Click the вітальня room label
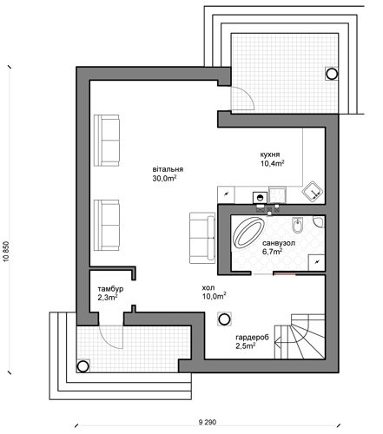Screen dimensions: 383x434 [x=168, y=169]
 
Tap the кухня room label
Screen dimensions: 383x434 [x=270, y=155]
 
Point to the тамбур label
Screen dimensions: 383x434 [x=110, y=289]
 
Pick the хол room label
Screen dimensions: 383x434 [x=208, y=287]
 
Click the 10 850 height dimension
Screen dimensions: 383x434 [x=7, y=252]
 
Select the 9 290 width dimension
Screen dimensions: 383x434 [x=208, y=422]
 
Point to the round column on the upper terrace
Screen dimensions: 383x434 [x=332, y=74]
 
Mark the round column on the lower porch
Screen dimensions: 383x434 [x=83, y=366]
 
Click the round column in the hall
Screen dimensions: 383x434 [x=224, y=319]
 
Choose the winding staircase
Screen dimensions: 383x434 [x=300, y=337]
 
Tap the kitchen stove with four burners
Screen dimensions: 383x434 [x=277, y=194]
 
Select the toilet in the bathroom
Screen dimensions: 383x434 [x=297, y=225]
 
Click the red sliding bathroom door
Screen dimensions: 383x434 [x=285, y=273]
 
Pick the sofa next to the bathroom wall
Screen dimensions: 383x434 [x=202, y=238]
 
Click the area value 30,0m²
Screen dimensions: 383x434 [x=164, y=178]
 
